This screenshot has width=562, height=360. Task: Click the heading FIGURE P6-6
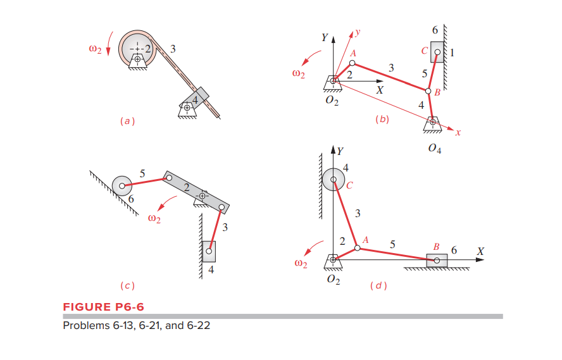pyautogui.click(x=103, y=307)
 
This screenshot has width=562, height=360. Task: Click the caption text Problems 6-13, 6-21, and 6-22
pyautogui.click(x=136, y=326)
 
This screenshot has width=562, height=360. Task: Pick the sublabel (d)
pyautogui.click(x=378, y=286)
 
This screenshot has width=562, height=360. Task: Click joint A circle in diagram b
pyautogui.click(x=353, y=63)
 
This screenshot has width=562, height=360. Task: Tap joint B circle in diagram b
pyautogui.click(x=428, y=90)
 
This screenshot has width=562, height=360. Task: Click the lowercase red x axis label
pyautogui.click(x=458, y=133)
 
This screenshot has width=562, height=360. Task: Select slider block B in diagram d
pyautogui.click(x=437, y=260)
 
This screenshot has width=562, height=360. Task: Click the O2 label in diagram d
pyautogui.click(x=334, y=281)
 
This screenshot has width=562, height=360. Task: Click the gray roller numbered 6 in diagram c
pyautogui.click(x=122, y=185)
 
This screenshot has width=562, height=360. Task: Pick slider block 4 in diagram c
pyautogui.click(x=209, y=251)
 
